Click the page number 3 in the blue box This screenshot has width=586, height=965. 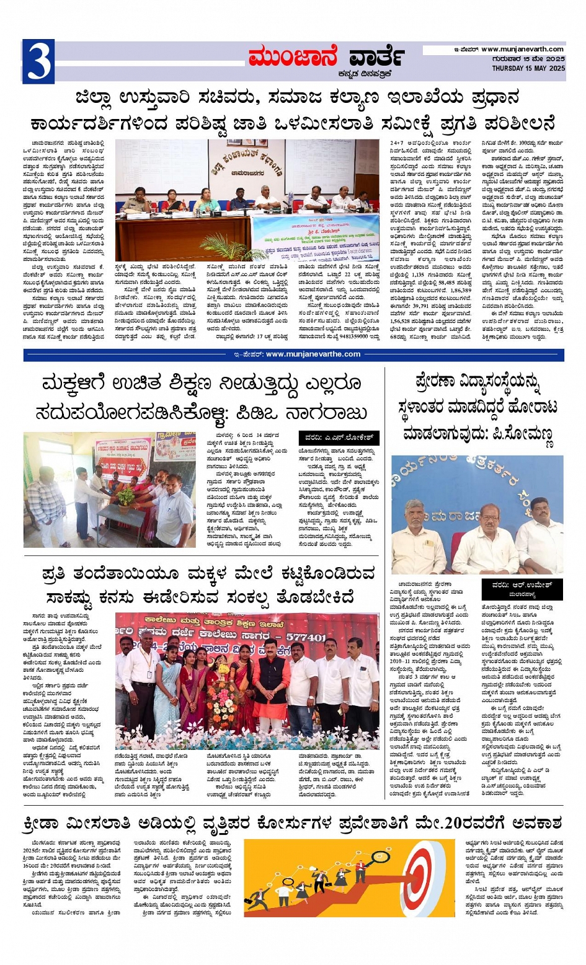point(38,61)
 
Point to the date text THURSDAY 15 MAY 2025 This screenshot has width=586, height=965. point(528,68)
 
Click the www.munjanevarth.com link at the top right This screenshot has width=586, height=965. point(522,49)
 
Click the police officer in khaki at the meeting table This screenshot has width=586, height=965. point(137,200)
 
